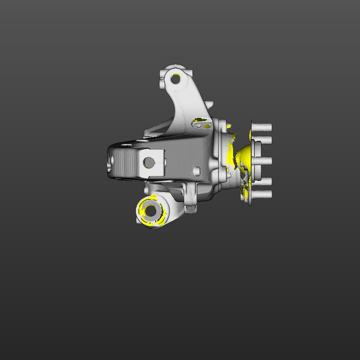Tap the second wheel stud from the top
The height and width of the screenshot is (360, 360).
[265, 140]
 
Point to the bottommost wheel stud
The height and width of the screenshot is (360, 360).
[264, 194]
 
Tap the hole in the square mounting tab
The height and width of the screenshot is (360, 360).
[148, 162]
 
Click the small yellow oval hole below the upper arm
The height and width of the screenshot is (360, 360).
[207, 126]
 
